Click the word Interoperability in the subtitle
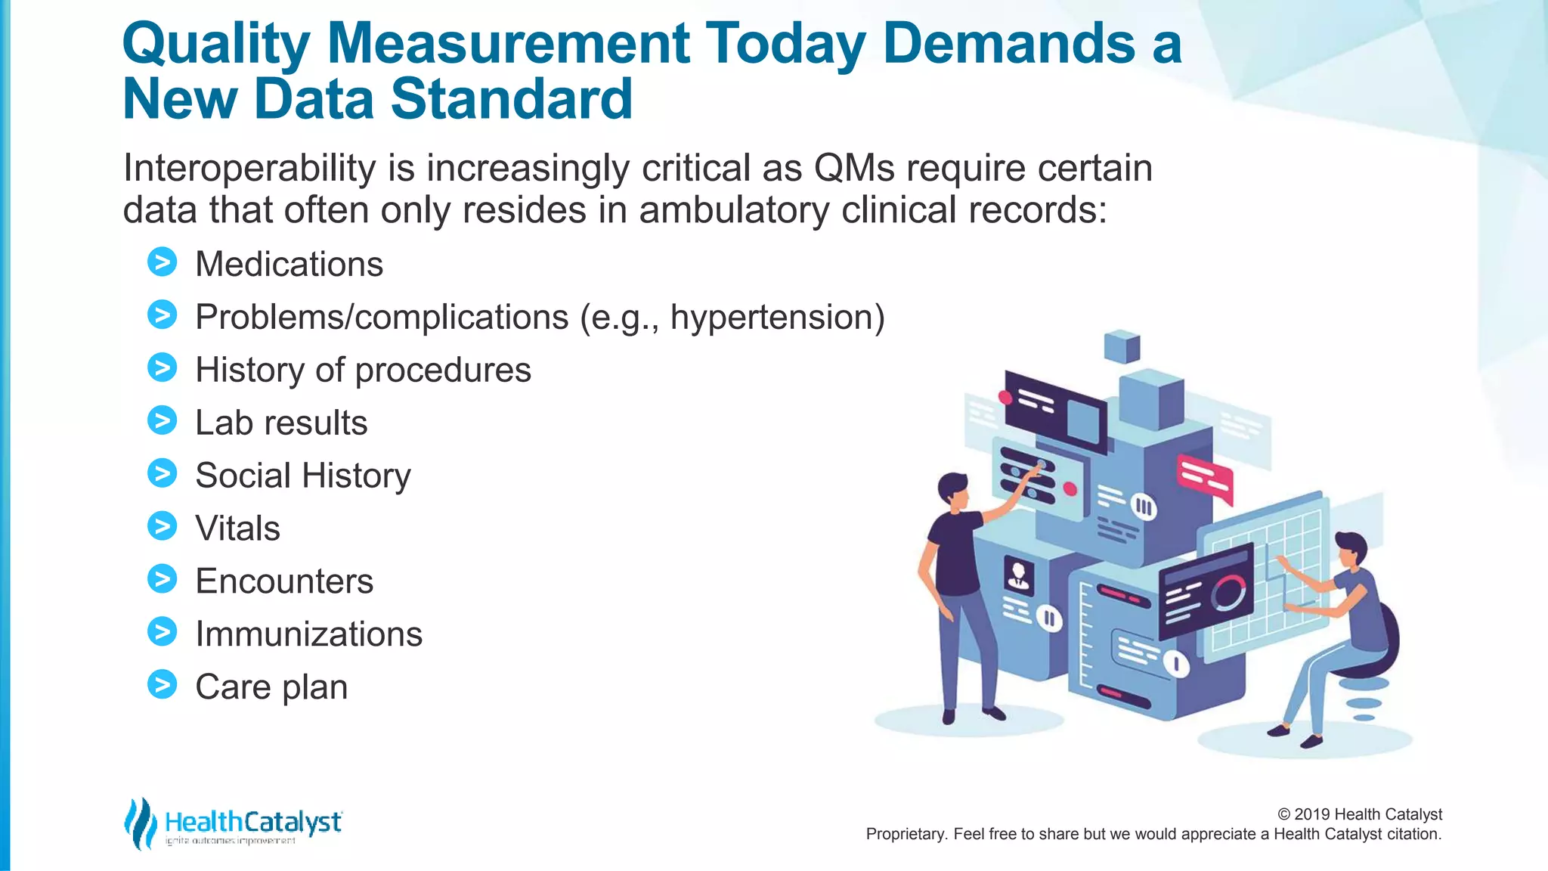(249, 169)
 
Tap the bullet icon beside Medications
(162, 262)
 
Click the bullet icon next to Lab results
(162, 421)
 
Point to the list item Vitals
(237, 528)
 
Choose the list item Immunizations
(308, 634)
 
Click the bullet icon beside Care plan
(162, 684)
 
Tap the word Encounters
(284, 581)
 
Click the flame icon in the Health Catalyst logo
(140, 823)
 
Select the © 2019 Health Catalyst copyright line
(1359, 814)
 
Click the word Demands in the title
(1008, 43)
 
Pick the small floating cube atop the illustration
(1122, 346)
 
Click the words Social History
(302, 476)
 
